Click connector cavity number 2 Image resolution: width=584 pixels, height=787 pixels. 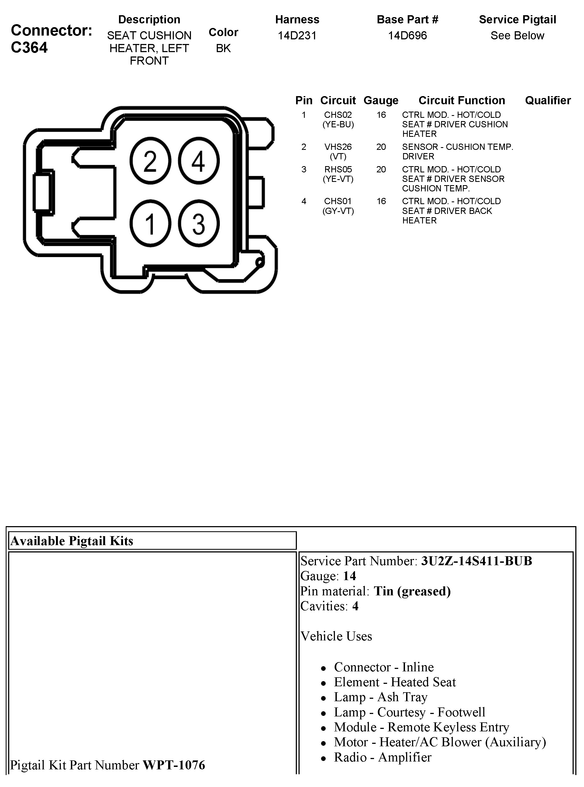pos(150,161)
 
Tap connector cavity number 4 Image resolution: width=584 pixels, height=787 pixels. pos(198,161)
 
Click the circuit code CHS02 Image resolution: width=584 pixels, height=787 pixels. pos(338,115)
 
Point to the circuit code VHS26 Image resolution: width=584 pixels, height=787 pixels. pos(338,147)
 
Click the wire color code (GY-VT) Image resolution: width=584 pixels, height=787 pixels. pos(338,211)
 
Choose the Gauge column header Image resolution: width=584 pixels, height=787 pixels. pos(381,100)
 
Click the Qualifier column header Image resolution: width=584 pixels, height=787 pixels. pos(548,100)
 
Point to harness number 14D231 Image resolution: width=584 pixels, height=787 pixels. pos(297,35)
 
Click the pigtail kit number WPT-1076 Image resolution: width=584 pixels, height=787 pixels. pos(174,765)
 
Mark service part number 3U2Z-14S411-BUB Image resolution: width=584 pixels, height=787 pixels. pos(476,561)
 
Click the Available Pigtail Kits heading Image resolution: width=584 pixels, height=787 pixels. pos(72,541)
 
